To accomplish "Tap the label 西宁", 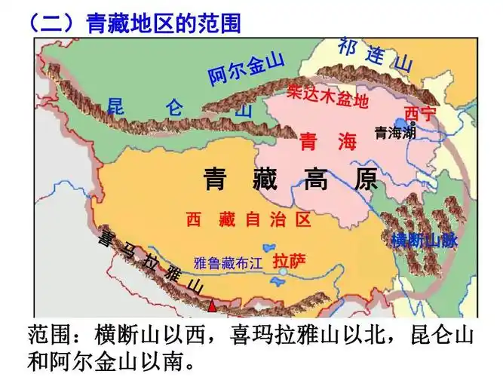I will pos(420,114).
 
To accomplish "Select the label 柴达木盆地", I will pos(327,96).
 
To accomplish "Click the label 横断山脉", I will pos(425,241).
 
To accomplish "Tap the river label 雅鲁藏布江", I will pos(227,263).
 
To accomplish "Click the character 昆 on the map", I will pos(115,104).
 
